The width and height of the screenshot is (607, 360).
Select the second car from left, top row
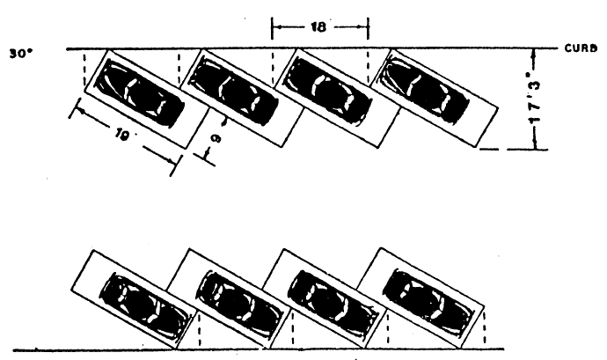(x=233, y=92)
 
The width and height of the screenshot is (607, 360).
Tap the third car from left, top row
(x=327, y=92)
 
